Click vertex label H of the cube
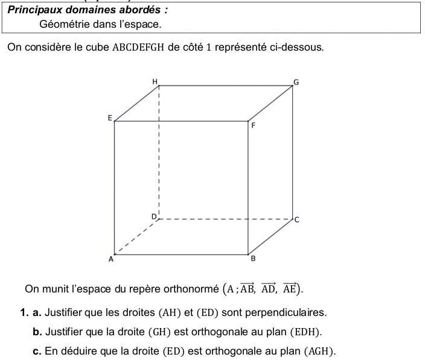tap(155, 81)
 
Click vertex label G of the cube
tap(295, 81)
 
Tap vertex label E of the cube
tap(110, 118)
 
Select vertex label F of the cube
tap(253, 127)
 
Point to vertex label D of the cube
tap(153, 215)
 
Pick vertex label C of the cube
tap(296, 220)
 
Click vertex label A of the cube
tap(110, 259)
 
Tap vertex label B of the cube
tap(253, 259)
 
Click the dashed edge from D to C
tap(226, 219)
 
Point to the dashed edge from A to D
tap(136, 236)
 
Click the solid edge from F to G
tap(271, 104)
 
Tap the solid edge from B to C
tap(271, 236)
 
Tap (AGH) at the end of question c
tap(320, 352)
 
